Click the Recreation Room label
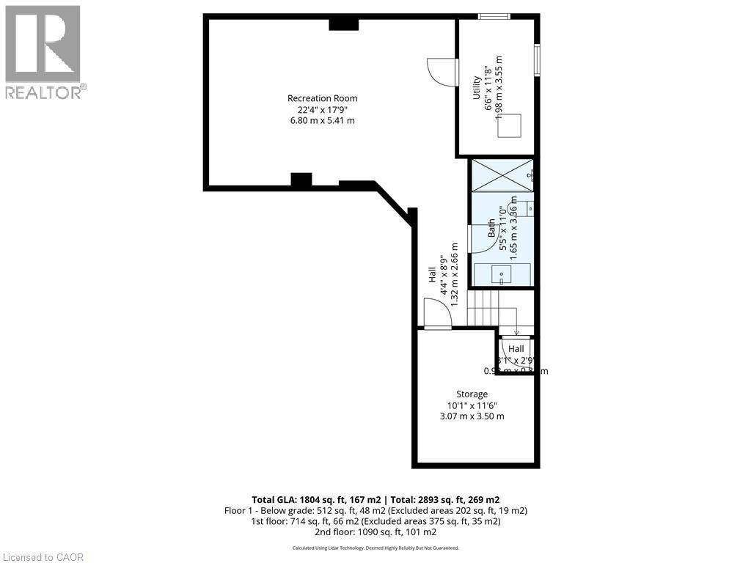(322, 98)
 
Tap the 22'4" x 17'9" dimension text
(322, 109)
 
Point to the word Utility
(476, 88)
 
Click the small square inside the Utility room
(509, 126)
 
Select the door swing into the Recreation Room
(440, 73)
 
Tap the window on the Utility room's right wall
(538, 59)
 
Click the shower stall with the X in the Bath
(502, 174)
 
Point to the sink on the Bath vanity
(502, 274)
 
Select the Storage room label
(472, 394)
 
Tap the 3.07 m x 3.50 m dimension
(472, 416)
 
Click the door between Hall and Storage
(437, 315)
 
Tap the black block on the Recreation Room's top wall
(343, 23)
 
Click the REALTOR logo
(43, 52)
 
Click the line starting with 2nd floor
(375, 531)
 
